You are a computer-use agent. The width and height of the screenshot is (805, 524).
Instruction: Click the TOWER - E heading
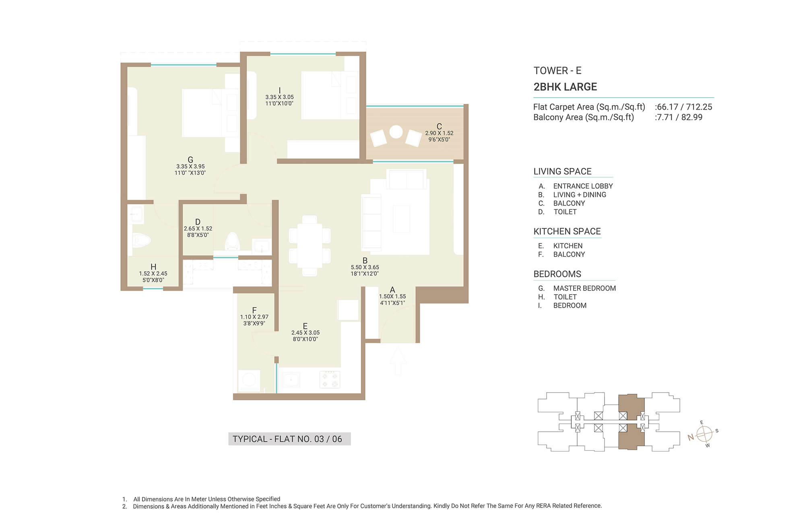click(x=557, y=71)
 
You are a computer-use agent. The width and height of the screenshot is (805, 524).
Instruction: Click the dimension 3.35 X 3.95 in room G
click(x=190, y=166)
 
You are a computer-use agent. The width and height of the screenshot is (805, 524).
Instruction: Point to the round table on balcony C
click(x=396, y=132)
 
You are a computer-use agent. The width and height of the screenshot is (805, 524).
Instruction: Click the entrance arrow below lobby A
click(x=398, y=361)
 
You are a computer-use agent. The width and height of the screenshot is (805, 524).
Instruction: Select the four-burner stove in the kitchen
click(x=330, y=379)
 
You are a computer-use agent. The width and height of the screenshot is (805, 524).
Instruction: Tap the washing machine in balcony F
click(x=249, y=381)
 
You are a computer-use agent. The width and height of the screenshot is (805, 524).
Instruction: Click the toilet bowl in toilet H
click(x=141, y=241)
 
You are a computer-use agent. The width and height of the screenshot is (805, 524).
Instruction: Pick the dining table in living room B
click(x=310, y=245)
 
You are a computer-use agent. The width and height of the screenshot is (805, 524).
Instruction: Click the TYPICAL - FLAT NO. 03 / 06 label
click(x=287, y=439)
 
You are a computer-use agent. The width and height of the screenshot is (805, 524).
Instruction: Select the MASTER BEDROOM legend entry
click(x=584, y=288)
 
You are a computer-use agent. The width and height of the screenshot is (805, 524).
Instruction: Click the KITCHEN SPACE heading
click(x=567, y=231)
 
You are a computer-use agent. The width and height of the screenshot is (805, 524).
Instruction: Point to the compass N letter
click(x=691, y=437)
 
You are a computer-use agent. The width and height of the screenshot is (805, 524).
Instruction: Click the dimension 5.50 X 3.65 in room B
click(x=365, y=267)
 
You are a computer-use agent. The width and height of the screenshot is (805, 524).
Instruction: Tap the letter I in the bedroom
click(x=279, y=91)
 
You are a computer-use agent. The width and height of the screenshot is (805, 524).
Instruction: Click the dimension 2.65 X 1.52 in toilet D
click(x=198, y=229)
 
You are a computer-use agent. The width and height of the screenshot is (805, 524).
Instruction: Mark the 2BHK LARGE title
click(x=565, y=87)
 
